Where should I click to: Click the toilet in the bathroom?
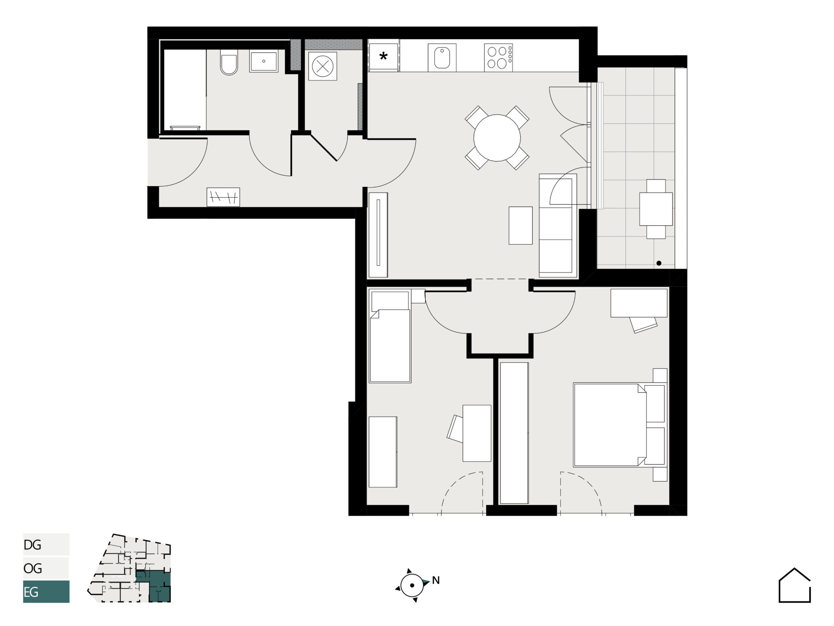pyautogui.click(x=229, y=62)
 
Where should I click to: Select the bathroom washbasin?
pyautogui.click(x=264, y=61)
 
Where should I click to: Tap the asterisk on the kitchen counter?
pyautogui.click(x=384, y=56)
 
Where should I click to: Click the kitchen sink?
pyautogui.click(x=442, y=58)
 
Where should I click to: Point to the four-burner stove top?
pyautogui.click(x=498, y=57)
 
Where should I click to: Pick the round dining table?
pyautogui.click(x=497, y=138)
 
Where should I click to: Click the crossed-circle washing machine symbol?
pyautogui.click(x=323, y=66)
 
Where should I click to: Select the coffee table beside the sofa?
pyautogui.click(x=521, y=225)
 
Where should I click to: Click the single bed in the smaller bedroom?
pyautogui.click(x=390, y=336)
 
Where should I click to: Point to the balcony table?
pyautogui.click(x=656, y=209)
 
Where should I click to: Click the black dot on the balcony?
pyautogui.click(x=659, y=263)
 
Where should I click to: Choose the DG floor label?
pyautogui.click(x=33, y=545)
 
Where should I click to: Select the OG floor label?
pyautogui.click(x=33, y=568)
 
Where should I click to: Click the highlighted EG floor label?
pyautogui.click(x=31, y=592)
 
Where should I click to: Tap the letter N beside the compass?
pyautogui.click(x=436, y=580)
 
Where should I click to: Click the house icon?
pyautogui.click(x=794, y=585)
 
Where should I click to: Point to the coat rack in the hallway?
pyautogui.click(x=223, y=197)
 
